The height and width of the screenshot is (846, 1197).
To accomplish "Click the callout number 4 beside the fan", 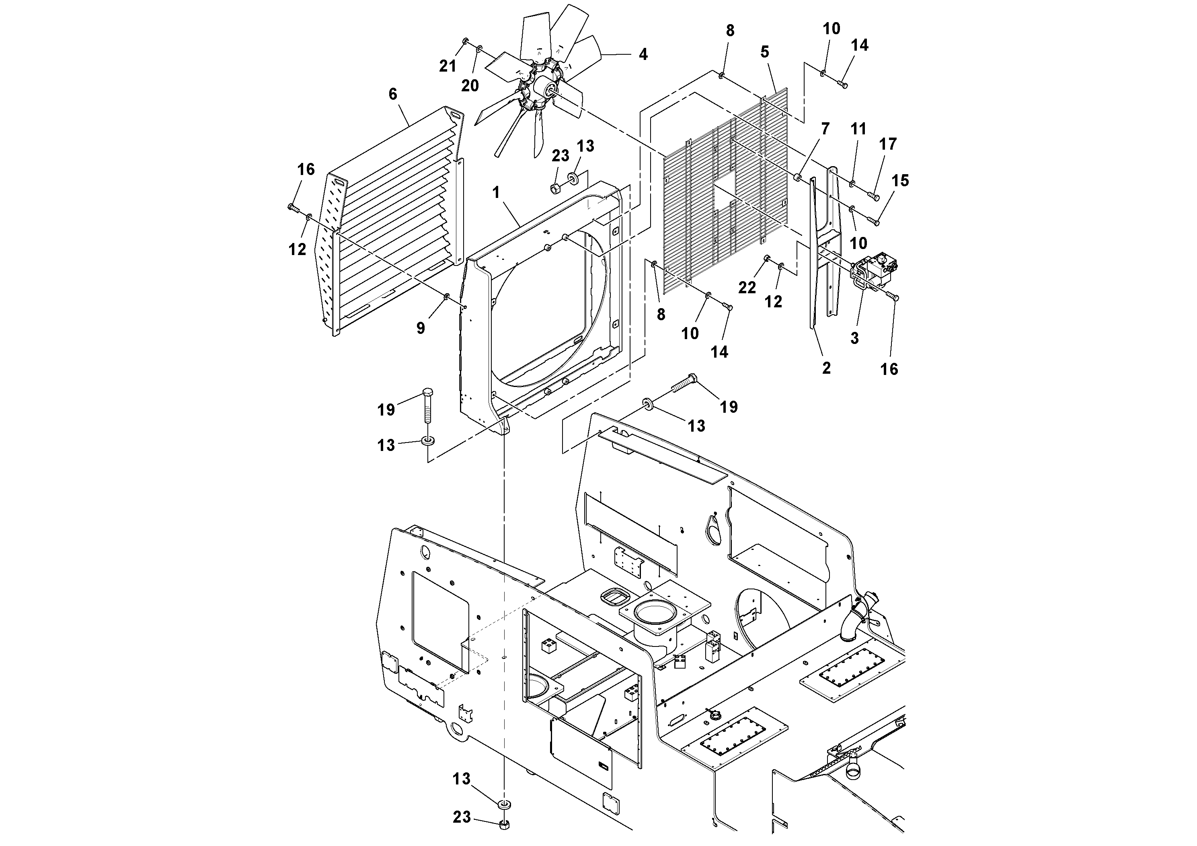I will pos(643,54).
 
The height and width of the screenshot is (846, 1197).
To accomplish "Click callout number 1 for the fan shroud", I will pos(496,192).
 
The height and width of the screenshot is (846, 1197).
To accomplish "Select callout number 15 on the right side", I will pos(900,181).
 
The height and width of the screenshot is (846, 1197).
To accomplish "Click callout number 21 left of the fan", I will pos(447,66).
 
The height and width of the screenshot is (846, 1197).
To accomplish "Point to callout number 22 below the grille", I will pos(747,287).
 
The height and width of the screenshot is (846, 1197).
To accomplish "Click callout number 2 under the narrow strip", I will pos(826,368).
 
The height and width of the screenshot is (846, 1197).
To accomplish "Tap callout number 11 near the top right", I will pos(858,129).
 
